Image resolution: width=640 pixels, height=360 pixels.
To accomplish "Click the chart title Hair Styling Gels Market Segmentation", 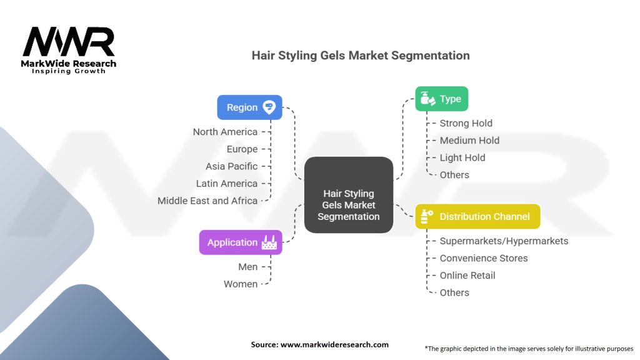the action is [361, 55].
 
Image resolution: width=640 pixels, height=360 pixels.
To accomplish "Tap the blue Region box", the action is [249, 107].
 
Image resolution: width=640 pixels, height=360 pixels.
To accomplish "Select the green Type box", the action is [441, 99].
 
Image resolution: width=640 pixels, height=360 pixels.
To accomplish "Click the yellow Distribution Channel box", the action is [477, 216].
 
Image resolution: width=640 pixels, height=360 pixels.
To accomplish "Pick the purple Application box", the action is [241, 242].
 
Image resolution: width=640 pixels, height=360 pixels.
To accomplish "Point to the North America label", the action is [225, 132].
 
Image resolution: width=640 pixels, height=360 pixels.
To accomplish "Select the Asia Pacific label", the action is [231, 166].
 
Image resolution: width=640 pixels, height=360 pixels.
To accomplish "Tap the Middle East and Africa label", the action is [207, 201].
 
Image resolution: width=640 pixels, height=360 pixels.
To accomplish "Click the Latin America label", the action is [226, 184].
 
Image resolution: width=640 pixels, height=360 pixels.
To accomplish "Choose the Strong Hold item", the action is [466, 123].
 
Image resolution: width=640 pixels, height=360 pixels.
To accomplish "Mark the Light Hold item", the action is [462, 157].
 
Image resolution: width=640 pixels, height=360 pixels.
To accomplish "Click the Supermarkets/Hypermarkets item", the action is [504, 241].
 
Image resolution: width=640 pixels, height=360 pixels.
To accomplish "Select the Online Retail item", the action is [467, 275].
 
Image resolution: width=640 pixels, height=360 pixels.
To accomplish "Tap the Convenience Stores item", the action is [483, 258].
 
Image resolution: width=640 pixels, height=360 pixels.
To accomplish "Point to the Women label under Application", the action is [241, 284].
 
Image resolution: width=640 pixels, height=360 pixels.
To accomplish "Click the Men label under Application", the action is [247, 267].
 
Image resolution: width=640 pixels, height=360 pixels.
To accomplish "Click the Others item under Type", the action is [454, 175].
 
